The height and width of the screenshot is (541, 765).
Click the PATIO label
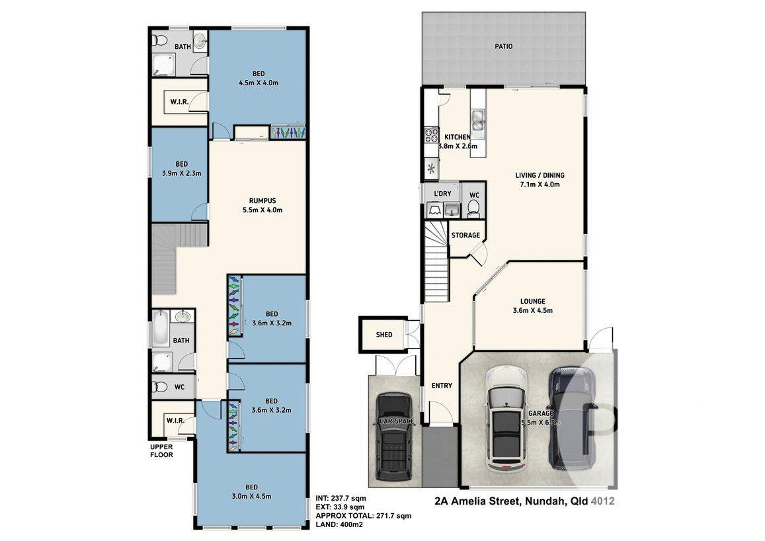pyautogui.click(x=503, y=46)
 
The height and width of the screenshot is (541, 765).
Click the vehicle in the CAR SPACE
pyautogui.click(x=394, y=437)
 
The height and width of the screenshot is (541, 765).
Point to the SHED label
pyautogui.click(x=384, y=335)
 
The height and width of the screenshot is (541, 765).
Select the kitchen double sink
pyautogui.click(x=478, y=122)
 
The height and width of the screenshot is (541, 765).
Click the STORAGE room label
pyautogui.click(x=465, y=235)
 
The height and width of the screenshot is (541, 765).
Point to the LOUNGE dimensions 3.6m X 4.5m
pyautogui.click(x=532, y=310)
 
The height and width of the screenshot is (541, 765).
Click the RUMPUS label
pyautogui.click(x=262, y=201)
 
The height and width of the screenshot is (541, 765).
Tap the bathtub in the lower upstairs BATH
pyautogui.click(x=161, y=329)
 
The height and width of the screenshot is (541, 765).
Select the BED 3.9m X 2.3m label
pyautogui.click(x=181, y=164)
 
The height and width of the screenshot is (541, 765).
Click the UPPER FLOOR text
pyautogui.click(x=161, y=450)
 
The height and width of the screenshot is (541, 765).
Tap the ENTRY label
pyautogui.click(x=442, y=386)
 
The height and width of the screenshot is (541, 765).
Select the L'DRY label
pyautogui.click(x=442, y=193)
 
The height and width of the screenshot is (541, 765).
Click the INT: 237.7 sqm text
pyautogui.click(x=341, y=498)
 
